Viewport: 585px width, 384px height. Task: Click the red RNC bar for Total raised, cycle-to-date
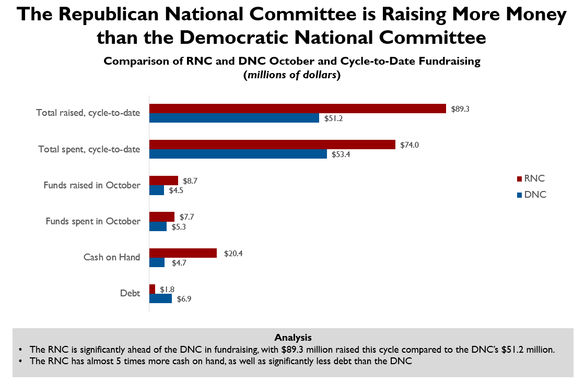point(298,109)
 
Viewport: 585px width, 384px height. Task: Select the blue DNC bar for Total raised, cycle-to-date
point(234,118)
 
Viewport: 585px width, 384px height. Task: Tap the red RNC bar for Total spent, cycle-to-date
point(272,145)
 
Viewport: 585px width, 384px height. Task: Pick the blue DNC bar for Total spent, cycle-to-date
point(238,154)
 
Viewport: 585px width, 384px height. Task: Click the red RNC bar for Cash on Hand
point(183,253)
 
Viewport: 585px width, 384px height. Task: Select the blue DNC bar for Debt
point(160,298)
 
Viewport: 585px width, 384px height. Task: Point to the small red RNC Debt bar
point(152,289)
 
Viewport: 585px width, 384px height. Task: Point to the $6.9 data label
point(184,299)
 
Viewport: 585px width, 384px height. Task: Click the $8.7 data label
point(191,181)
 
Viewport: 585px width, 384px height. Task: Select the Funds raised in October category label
point(92,185)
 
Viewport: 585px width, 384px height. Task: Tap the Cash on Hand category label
point(111,257)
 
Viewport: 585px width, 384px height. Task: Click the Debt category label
point(130,293)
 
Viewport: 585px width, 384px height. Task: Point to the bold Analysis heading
point(292,337)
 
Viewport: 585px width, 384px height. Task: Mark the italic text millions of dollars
point(292,75)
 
